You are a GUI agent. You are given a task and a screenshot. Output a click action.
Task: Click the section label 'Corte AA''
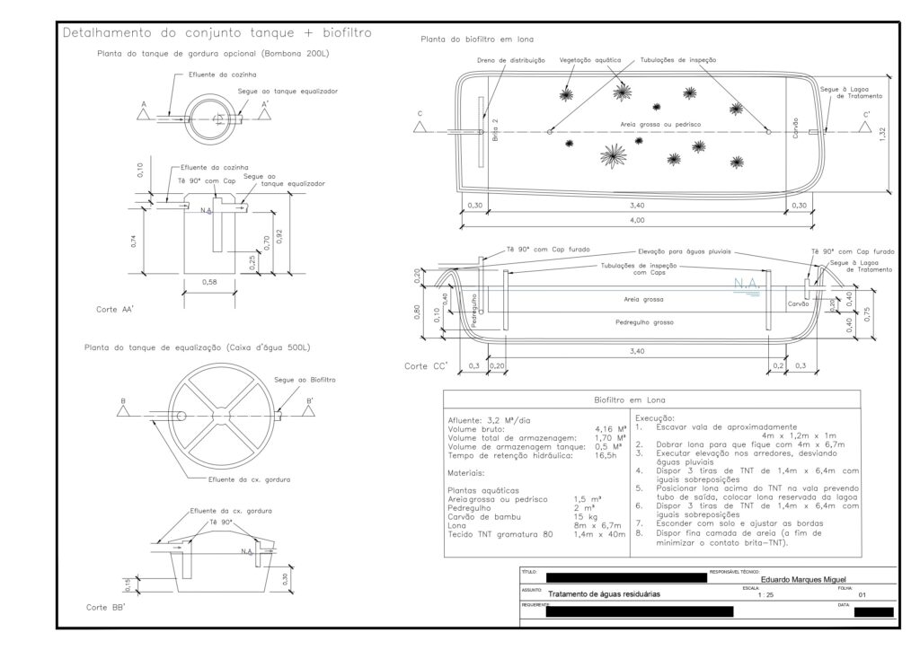pos(116,310)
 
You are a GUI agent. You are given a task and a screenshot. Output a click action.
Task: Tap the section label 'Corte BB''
pos(105,608)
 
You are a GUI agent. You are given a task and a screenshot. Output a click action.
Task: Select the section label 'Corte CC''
pos(426,366)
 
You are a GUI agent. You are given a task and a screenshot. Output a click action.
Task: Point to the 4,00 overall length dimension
pos(637,220)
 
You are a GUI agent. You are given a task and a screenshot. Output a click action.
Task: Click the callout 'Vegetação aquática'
pos(590,59)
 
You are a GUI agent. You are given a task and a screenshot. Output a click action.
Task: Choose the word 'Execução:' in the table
pos(656,419)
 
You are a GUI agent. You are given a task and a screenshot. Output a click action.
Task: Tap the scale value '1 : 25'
pos(765,595)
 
